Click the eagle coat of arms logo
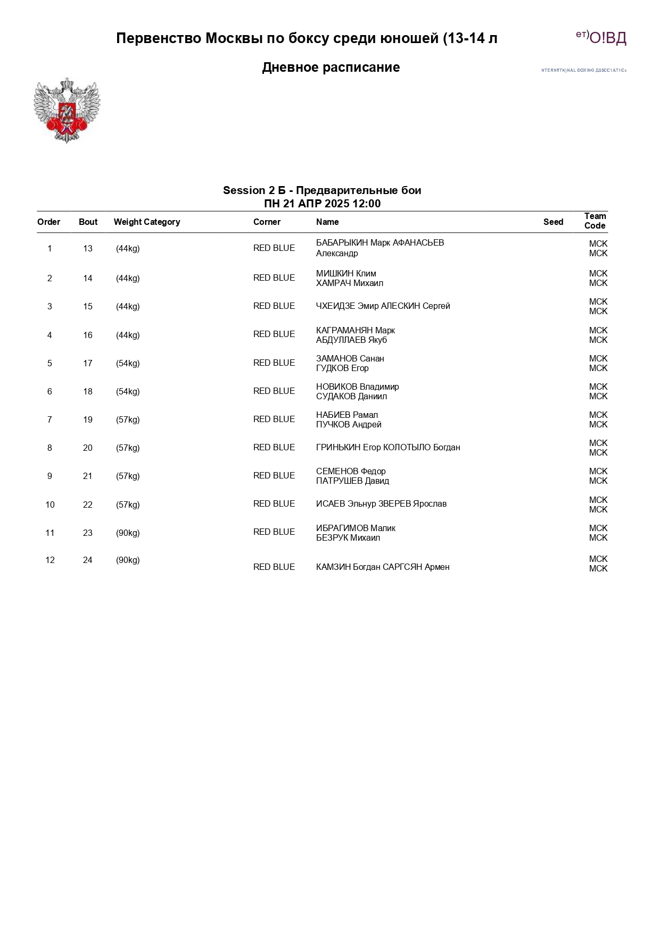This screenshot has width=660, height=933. [x=67, y=111]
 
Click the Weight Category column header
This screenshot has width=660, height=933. [x=147, y=222]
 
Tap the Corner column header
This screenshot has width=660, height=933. [x=267, y=222]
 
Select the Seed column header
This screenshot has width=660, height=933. [x=553, y=222]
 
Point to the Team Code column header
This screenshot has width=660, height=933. [x=595, y=221]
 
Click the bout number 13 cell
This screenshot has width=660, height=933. [x=88, y=248]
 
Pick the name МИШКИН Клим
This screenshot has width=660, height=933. [x=346, y=273]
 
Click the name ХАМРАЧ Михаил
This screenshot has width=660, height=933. [x=349, y=283]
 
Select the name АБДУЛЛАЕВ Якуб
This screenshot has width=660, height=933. [x=351, y=340]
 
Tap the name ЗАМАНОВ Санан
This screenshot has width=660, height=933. [x=350, y=358]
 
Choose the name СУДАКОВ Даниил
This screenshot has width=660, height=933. [x=351, y=396]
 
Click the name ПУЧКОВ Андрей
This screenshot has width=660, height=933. [x=349, y=424]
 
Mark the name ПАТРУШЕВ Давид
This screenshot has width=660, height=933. [x=352, y=481]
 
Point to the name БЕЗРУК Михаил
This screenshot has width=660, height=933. [x=348, y=537]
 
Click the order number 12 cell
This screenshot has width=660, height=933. [x=50, y=560]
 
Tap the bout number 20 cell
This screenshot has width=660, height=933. [x=88, y=448]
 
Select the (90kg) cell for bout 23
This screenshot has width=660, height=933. [x=128, y=533]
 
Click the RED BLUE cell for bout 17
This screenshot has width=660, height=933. [x=274, y=363]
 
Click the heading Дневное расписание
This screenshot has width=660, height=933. [x=331, y=68]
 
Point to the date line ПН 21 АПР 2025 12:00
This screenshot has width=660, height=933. [x=322, y=204]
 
